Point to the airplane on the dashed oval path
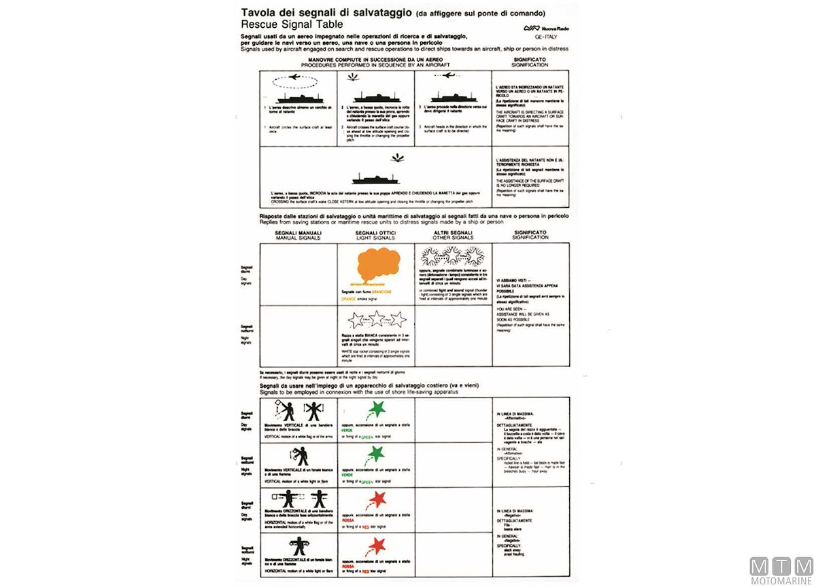(294, 77)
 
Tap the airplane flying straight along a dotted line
(449, 77)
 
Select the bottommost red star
(375, 546)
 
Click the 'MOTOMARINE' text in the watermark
(781, 580)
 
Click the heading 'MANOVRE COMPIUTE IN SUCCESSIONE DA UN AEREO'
(376, 60)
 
